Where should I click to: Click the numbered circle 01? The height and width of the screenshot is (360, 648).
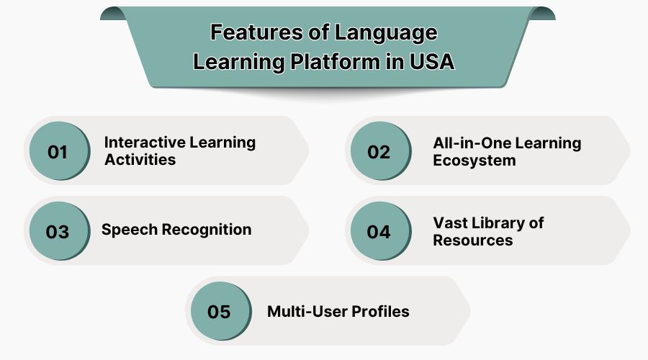click(x=57, y=152)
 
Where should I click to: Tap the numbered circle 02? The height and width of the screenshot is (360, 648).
click(x=379, y=152)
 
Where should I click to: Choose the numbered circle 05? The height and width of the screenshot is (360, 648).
click(x=218, y=312)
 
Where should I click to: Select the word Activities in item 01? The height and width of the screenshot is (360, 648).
click(x=140, y=160)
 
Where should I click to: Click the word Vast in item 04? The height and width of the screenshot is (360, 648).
click(x=450, y=222)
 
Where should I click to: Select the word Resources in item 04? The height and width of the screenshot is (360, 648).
click(x=472, y=240)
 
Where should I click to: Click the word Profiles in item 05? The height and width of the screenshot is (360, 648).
click(x=381, y=312)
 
